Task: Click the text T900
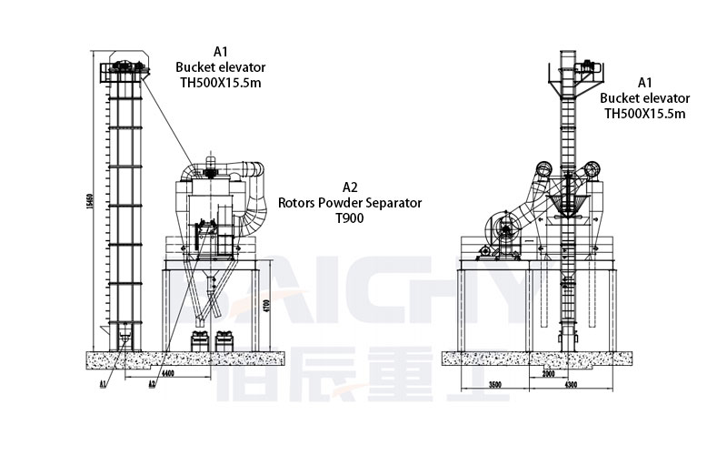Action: tap(349, 219)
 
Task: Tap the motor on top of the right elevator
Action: tap(587, 66)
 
